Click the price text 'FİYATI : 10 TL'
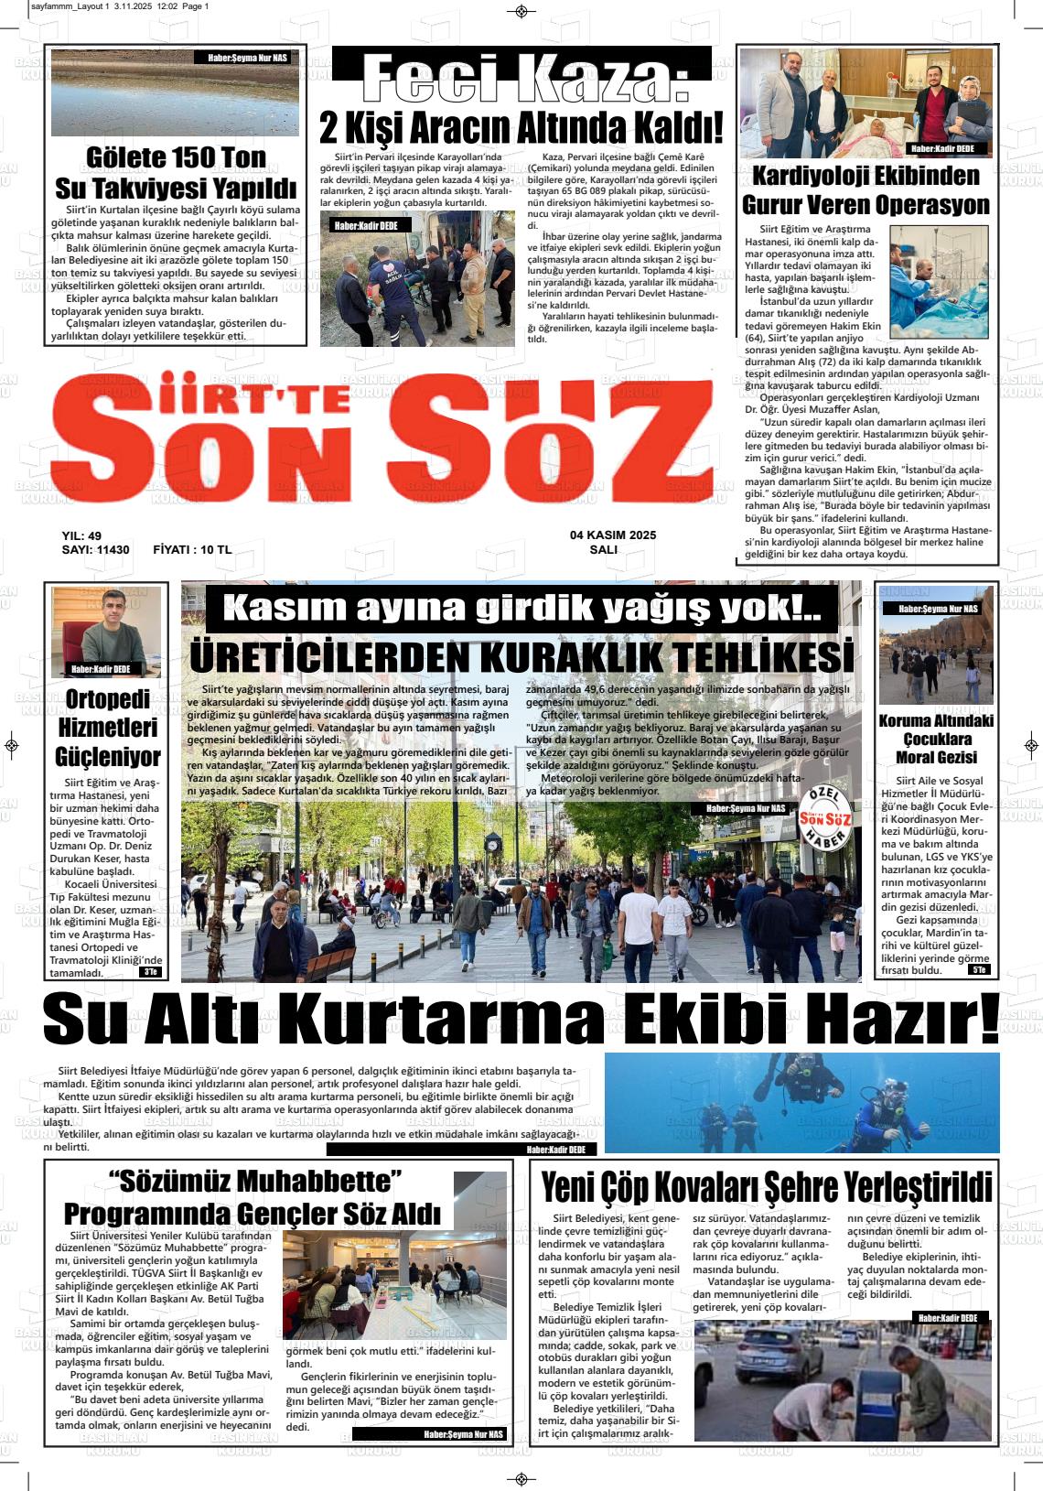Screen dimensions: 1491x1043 click(192, 550)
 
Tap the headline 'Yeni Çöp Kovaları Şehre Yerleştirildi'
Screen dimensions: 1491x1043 click(766, 1188)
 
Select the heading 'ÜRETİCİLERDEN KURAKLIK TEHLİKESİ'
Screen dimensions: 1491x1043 click(521, 657)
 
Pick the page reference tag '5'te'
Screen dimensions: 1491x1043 click(979, 969)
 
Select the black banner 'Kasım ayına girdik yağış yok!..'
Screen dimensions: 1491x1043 click(521, 609)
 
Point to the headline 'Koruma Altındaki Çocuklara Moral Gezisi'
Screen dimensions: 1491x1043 click(936, 739)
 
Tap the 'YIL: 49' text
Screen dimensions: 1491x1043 click(81, 535)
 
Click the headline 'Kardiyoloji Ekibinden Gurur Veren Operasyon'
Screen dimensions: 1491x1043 click(865, 189)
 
